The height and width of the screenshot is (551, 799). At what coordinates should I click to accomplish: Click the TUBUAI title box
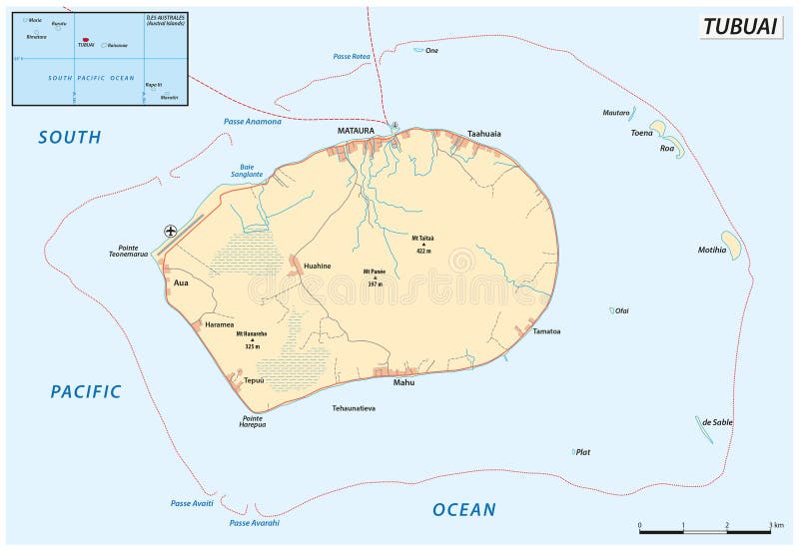click(740, 27)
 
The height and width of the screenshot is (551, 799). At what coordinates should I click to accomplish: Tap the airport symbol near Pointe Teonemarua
click(171, 232)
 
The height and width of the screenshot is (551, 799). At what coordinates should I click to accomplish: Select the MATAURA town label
click(356, 130)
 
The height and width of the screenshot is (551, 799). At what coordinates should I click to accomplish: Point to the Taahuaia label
click(484, 134)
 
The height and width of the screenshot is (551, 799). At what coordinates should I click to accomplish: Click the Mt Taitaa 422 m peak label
click(423, 244)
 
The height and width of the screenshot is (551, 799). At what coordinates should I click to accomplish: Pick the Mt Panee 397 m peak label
click(376, 276)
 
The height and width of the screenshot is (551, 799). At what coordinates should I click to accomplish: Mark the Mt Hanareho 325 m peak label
click(253, 339)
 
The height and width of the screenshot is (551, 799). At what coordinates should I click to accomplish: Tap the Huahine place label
click(317, 267)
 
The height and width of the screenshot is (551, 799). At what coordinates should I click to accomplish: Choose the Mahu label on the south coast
click(403, 382)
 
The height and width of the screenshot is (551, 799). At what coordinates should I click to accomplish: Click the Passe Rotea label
click(352, 57)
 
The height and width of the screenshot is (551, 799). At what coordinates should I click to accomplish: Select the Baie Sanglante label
click(247, 170)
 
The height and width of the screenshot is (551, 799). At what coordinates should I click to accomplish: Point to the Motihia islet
click(732, 246)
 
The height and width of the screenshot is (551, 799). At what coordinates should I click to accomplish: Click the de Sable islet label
click(717, 422)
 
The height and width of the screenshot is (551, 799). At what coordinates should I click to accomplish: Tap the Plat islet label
click(583, 452)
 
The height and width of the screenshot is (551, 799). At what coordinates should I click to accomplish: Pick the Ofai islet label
click(622, 311)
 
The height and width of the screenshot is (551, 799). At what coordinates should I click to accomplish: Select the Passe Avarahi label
click(254, 523)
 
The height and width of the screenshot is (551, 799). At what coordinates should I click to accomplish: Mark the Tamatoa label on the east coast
click(546, 331)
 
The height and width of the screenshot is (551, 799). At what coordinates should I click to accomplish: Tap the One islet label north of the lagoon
click(432, 50)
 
